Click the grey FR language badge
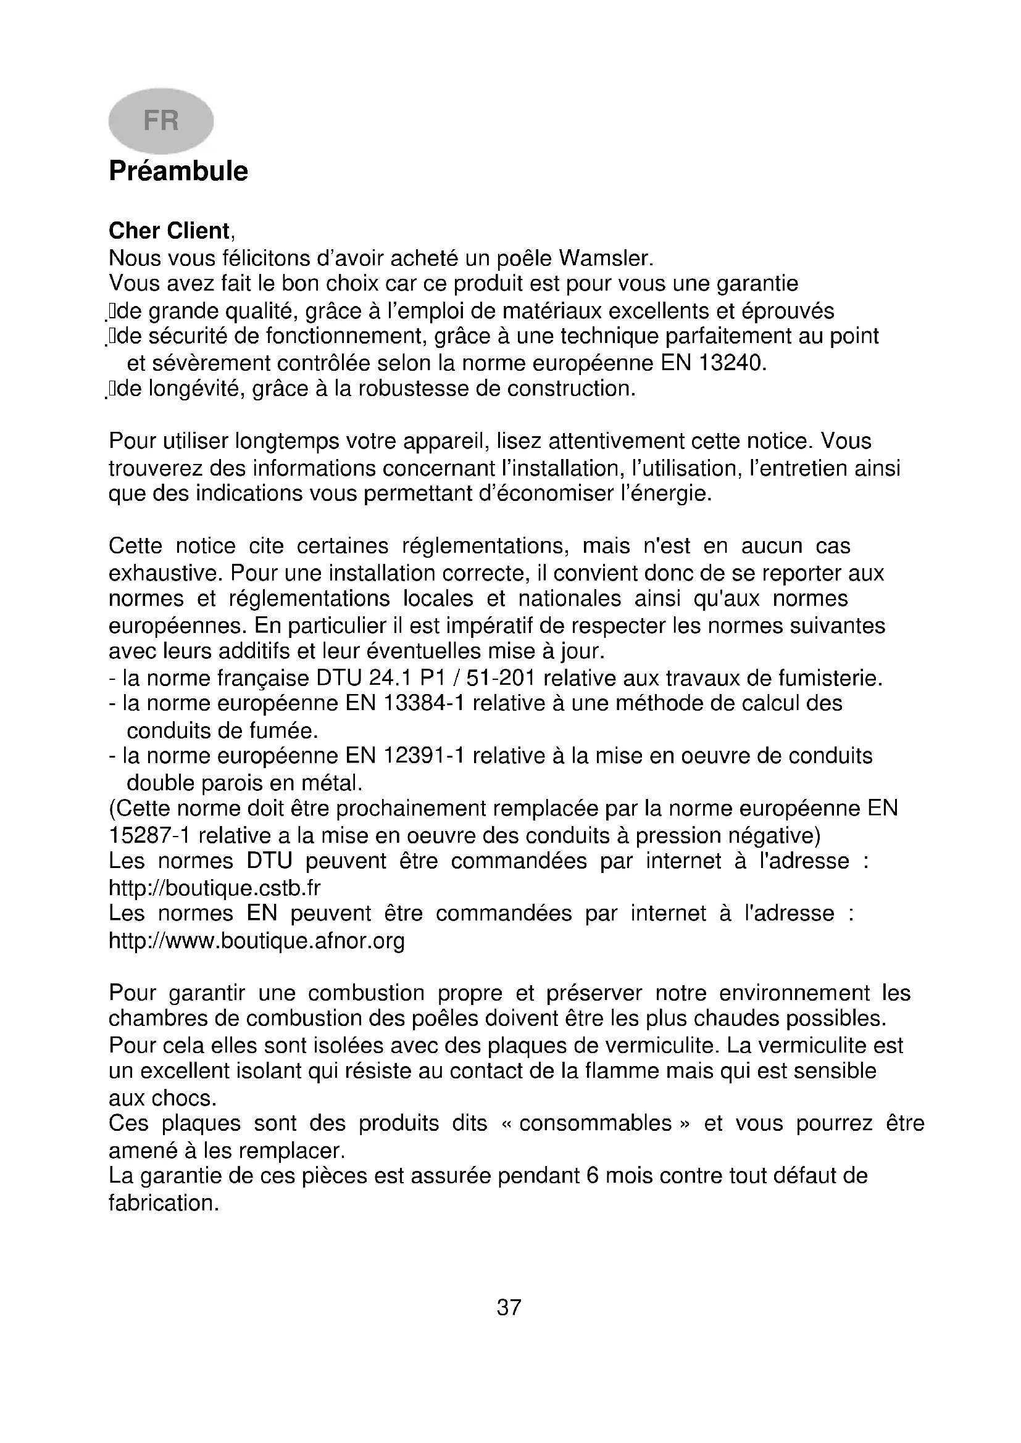[x=161, y=121]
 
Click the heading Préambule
[x=178, y=171]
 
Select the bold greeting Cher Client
[x=169, y=231]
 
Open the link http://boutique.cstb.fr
[x=214, y=888]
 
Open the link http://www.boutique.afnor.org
[x=257, y=941]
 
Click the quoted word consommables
[x=594, y=1123]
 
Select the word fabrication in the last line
[x=164, y=1203]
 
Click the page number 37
[x=509, y=1307]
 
